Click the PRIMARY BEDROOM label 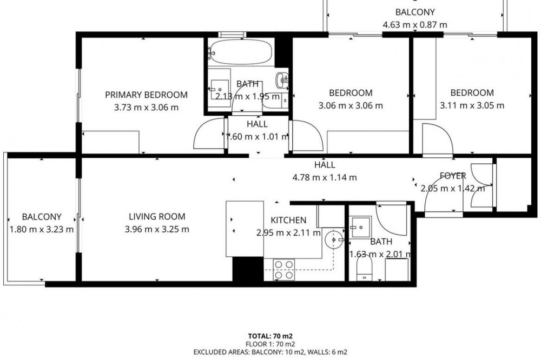pos(146,95)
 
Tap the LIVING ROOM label pos(157,217)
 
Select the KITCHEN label pos(288,220)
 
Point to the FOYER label pos(453,176)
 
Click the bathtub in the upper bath pos(241,52)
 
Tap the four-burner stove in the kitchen pos(284,269)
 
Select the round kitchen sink pos(334,239)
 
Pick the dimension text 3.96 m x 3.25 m pos(157,229)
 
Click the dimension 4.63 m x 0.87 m pos(415,25)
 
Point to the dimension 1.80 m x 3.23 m pos(42,229)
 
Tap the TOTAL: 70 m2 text pos(270,336)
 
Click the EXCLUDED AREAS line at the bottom pos(270,352)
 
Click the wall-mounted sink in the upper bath pos(282,81)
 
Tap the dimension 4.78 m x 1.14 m pos(325,178)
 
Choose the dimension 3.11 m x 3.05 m pos(472,105)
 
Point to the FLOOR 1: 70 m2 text pos(270,344)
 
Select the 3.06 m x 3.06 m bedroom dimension pos(351,105)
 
